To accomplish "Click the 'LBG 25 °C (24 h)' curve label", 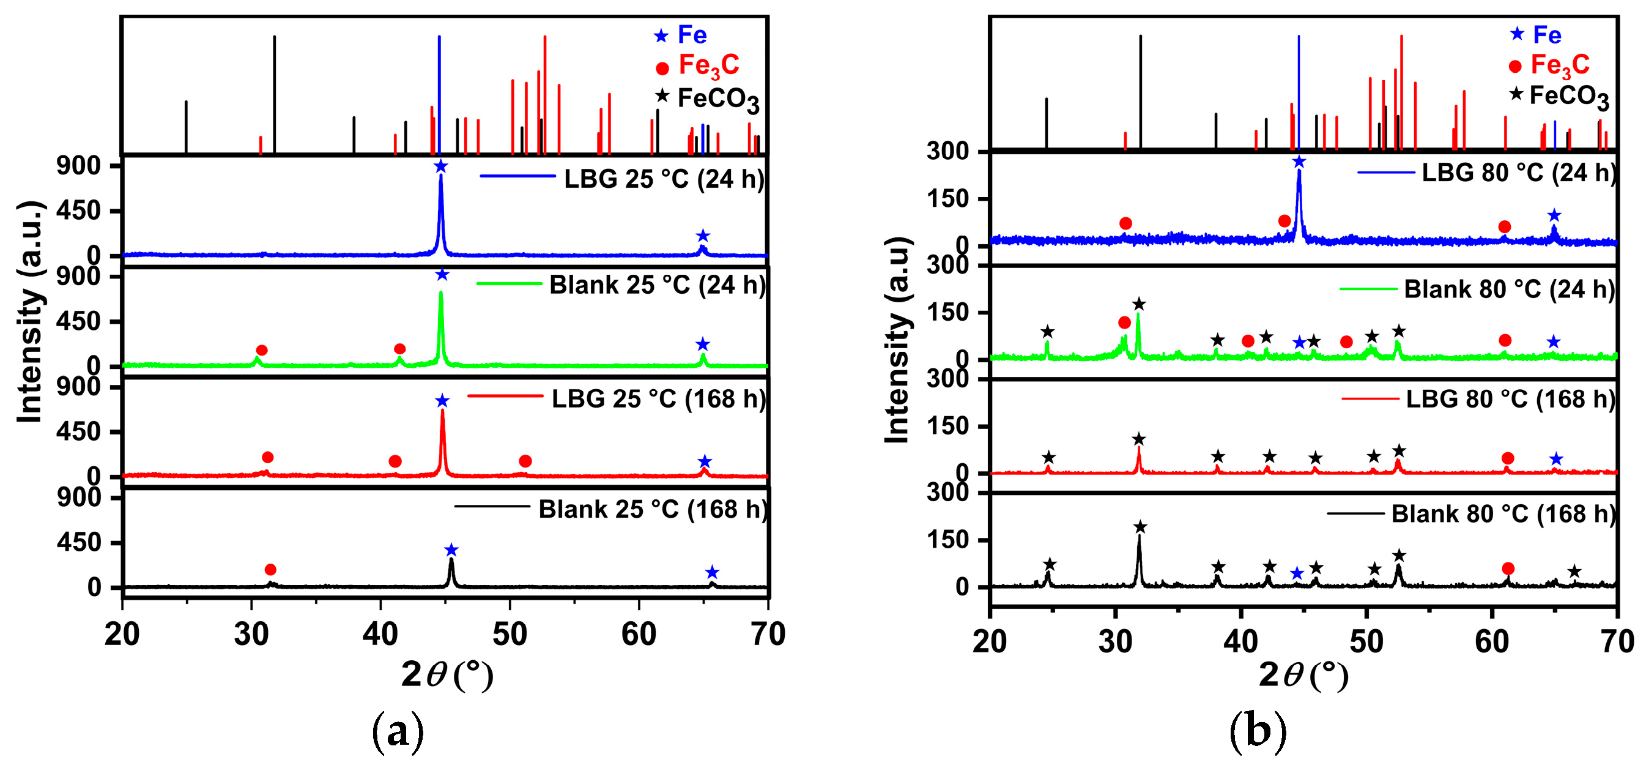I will coord(663,179).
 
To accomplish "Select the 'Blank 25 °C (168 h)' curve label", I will coord(653,509).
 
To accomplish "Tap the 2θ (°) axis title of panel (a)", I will coord(447,674).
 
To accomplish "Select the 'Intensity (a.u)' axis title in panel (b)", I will coord(897,340).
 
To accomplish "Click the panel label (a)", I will coord(398,731).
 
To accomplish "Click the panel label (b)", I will coord(1258,731).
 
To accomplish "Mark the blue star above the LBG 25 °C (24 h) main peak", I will coord(440,167).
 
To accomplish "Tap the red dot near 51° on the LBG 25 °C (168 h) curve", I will coord(525,461).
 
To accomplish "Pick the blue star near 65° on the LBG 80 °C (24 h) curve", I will coord(1555,215).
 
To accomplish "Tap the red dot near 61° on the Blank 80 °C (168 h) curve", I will coord(1508,569).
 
